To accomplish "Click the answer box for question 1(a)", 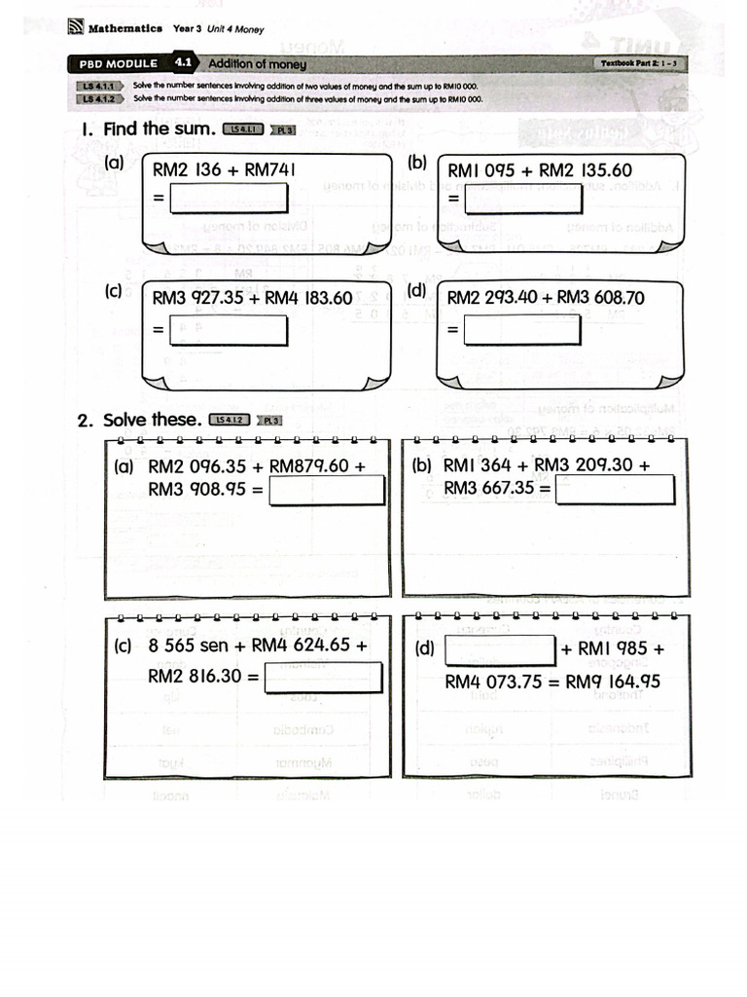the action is click(230, 198).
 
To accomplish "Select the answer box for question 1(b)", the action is click(523, 198).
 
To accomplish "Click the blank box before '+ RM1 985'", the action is click(500, 648).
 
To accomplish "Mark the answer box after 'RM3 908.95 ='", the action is click(327, 489).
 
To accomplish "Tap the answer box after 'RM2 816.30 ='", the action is click(323, 677).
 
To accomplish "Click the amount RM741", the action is click(269, 170).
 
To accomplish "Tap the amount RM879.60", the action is click(308, 465).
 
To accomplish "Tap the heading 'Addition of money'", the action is click(257, 64).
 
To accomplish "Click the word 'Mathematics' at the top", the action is click(124, 28).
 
